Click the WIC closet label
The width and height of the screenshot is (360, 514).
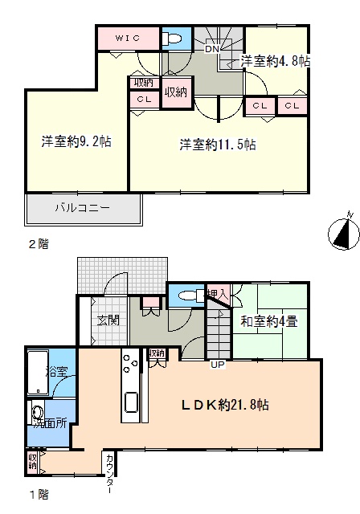128,38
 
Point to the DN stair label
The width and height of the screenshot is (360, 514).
212,49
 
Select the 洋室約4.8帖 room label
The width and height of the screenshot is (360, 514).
276,61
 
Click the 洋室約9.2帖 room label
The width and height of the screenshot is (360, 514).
76,141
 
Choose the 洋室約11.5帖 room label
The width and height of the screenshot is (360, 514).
218,145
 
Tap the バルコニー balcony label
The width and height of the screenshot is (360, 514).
82,208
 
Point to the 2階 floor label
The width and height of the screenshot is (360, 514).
39,244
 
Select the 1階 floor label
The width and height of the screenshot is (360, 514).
39,495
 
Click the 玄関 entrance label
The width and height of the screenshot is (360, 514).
108,320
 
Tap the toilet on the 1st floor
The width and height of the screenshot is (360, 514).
191,296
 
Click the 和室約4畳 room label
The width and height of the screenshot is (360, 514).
269,321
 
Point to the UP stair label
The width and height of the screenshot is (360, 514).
218,365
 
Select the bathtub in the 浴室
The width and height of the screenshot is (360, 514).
38,373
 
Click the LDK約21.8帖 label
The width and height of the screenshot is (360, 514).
226,405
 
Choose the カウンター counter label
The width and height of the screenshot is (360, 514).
111,473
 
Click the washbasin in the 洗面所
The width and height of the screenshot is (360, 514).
38,413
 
